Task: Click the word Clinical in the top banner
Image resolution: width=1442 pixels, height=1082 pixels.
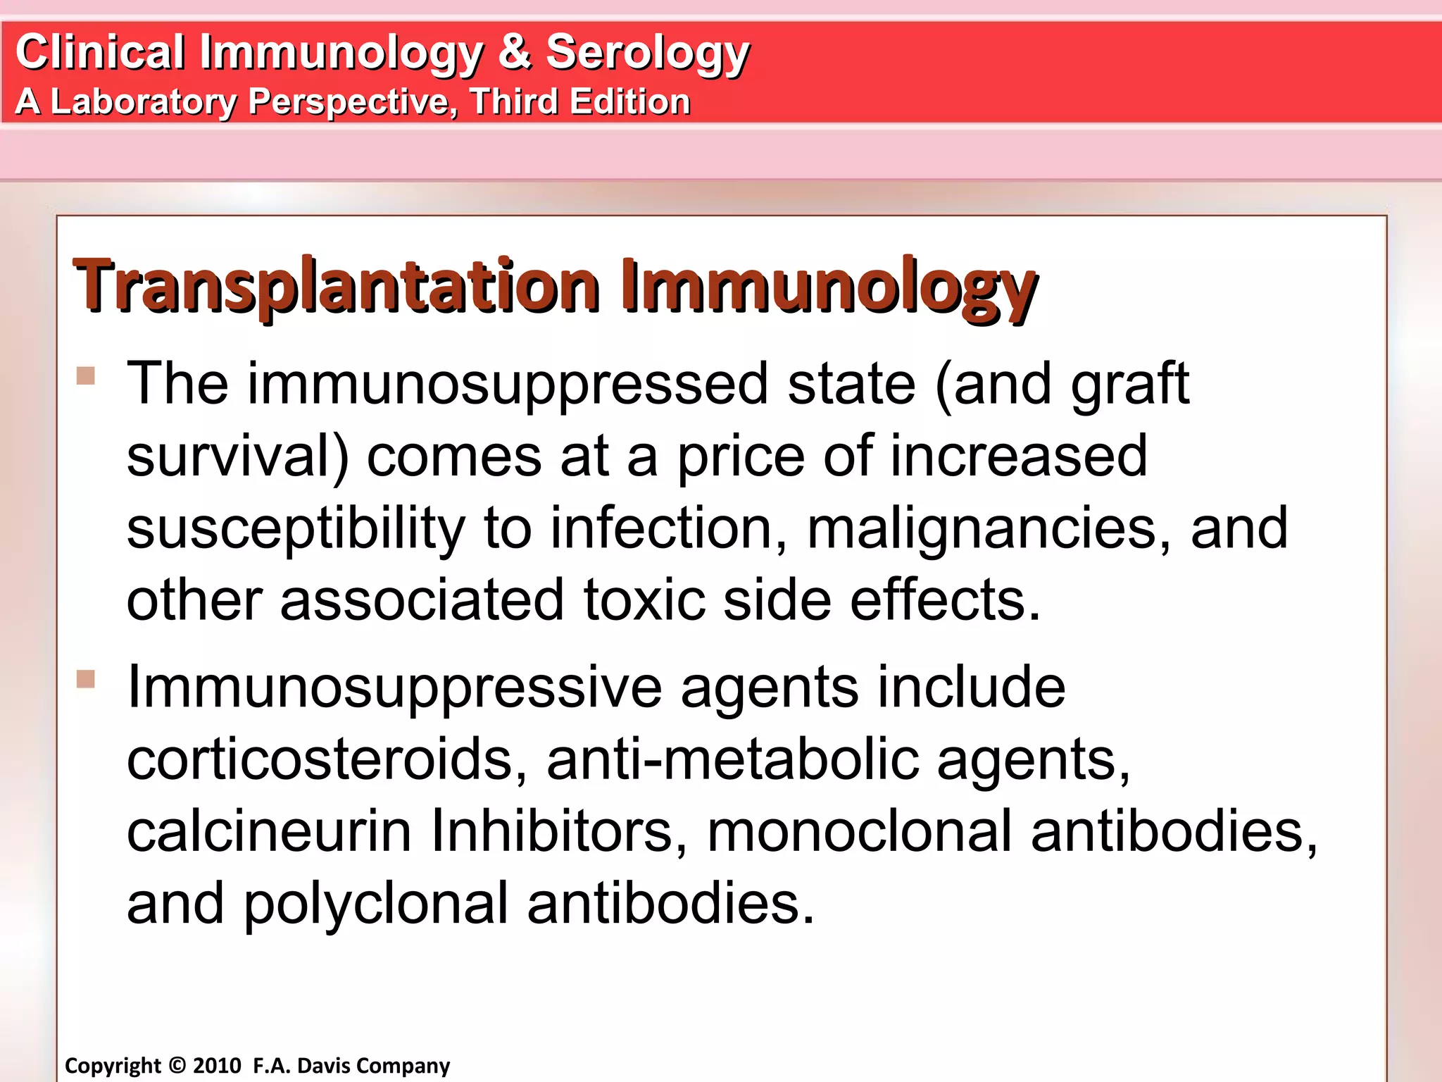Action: (100, 52)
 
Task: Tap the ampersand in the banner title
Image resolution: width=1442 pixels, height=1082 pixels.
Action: (515, 52)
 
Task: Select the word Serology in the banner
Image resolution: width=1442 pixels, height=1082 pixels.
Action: (648, 54)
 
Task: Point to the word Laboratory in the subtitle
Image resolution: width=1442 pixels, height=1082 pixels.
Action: (144, 101)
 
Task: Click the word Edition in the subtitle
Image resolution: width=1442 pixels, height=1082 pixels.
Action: (629, 101)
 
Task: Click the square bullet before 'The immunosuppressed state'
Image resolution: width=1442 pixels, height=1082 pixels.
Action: (86, 375)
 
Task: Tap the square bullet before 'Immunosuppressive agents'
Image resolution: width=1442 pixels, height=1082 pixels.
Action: (86, 679)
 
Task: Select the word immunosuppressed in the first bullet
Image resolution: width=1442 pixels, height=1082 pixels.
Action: (507, 384)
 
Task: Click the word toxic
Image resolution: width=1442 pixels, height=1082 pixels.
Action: (644, 599)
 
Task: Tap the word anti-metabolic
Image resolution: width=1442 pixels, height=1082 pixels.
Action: (733, 759)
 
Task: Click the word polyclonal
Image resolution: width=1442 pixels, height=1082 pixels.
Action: (376, 904)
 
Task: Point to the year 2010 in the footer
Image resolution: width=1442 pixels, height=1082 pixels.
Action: (217, 1065)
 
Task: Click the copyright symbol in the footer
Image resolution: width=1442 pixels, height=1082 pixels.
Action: (177, 1065)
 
